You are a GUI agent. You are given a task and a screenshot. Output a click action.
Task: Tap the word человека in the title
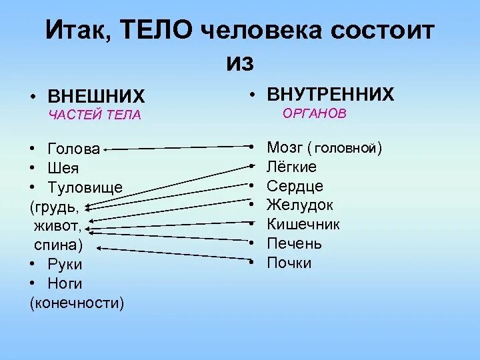[266, 30]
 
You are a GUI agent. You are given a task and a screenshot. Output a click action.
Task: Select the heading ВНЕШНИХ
[96, 96]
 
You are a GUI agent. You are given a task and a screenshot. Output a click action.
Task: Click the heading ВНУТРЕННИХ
[330, 94]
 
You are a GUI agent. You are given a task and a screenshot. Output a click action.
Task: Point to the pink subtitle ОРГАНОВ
[315, 113]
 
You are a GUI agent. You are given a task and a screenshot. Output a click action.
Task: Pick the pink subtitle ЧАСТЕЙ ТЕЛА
[95, 115]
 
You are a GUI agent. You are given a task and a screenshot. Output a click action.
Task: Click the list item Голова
[74, 149]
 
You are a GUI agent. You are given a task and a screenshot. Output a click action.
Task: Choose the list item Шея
[63, 168]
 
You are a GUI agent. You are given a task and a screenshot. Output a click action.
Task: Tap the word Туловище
[85, 187]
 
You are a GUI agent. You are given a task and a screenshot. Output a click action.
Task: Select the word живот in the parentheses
[58, 226]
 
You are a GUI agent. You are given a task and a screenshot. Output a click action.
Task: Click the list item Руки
[65, 265]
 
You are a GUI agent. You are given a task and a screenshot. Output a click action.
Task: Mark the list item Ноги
[65, 284]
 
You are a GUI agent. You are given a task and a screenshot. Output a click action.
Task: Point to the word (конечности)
[77, 303]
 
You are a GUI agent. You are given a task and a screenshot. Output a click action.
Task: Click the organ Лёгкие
[291, 167]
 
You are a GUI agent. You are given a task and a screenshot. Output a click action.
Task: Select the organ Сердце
[295, 187]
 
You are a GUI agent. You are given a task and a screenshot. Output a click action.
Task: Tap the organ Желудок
[299, 205]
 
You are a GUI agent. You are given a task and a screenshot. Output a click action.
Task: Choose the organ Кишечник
[303, 225]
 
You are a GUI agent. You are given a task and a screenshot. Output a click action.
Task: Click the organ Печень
[294, 244]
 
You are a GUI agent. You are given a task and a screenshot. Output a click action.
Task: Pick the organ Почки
[289, 263]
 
